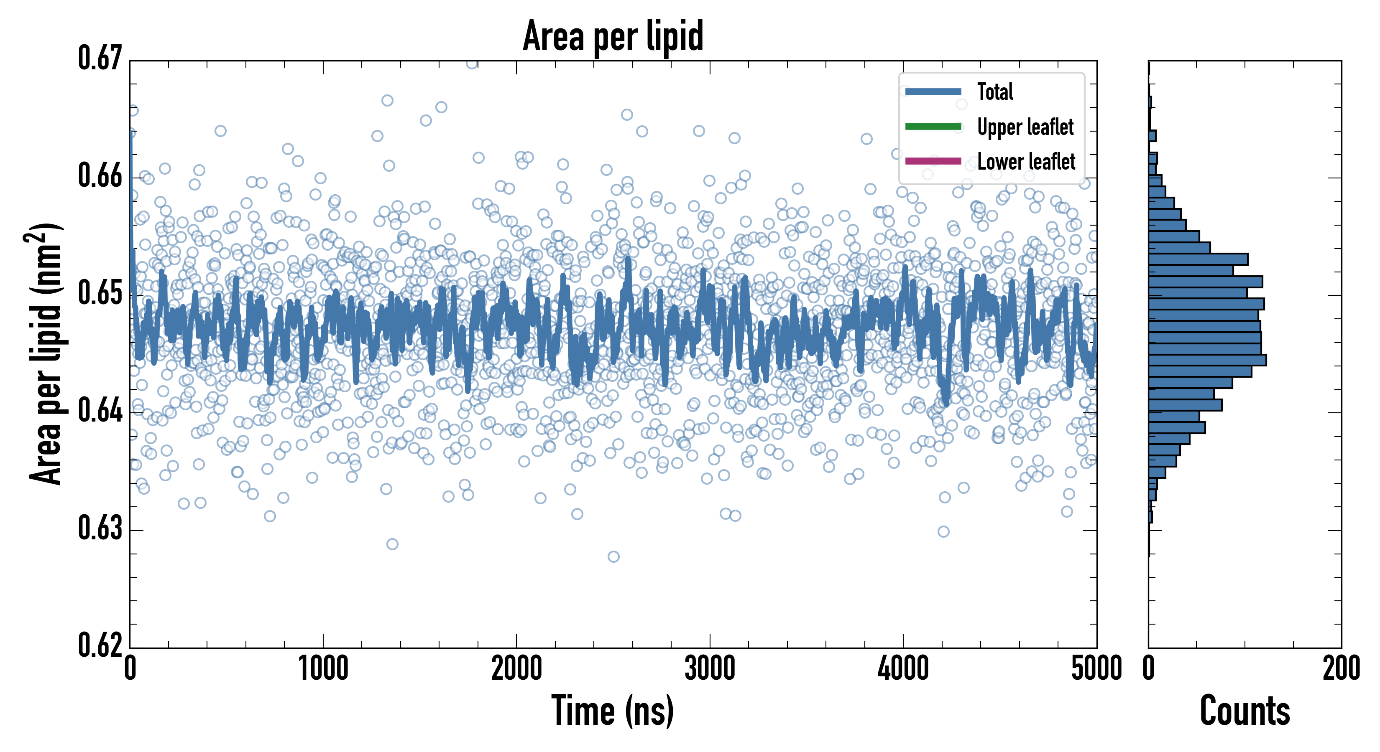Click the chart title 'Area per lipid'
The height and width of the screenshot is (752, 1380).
613,36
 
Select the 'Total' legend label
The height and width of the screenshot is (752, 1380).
995,91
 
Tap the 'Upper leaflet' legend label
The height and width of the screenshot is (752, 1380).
1025,127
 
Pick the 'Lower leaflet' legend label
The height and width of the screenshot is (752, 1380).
1026,162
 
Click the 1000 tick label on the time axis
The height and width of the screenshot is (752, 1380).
323,668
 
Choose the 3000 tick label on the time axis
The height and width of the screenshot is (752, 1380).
710,668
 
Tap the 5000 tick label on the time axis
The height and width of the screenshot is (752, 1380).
1096,668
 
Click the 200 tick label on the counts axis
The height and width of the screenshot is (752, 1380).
1341,668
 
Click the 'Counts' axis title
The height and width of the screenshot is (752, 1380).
1245,711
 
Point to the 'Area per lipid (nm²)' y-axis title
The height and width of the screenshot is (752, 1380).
46,353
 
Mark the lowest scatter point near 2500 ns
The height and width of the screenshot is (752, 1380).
613,556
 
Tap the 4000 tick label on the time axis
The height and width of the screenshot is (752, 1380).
903,668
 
